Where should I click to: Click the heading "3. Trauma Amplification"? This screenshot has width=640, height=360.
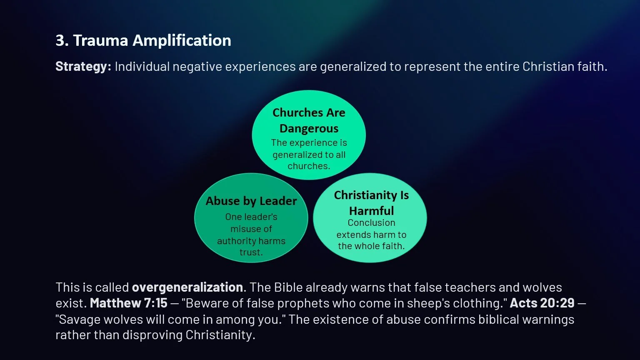point(143,40)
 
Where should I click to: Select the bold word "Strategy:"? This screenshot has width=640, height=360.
point(83,67)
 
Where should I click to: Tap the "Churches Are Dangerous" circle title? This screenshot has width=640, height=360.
point(309,120)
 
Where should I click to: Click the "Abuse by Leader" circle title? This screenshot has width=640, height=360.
point(251,201)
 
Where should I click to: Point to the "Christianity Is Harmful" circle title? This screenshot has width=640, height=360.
point(371,202)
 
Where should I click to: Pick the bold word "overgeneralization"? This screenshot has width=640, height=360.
point(187,287)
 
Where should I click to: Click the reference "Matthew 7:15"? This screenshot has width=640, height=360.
point(128,303)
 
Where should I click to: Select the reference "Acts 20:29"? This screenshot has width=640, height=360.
point(542,303)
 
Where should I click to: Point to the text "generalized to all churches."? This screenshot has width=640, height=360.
point(309,160)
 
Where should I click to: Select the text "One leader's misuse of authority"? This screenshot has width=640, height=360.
point(251,229)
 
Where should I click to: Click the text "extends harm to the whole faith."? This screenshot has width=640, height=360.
point(371,240)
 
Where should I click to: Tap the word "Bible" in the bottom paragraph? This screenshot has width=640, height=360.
point(287,287)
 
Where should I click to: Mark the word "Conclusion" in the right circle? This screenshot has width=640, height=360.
point(371,222)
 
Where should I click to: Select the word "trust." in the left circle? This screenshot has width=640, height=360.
point(251,252)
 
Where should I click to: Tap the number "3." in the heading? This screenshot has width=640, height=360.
point(62,40)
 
